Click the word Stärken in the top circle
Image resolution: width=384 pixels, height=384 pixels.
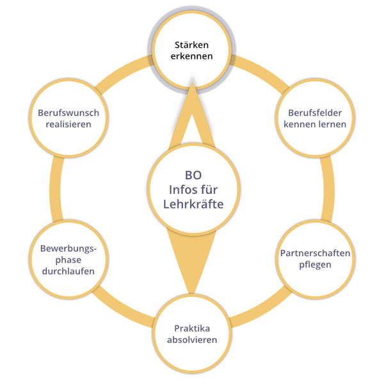[192, 45]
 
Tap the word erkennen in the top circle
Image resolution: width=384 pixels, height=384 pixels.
[192, 57]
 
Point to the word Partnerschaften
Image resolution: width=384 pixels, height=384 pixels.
[315, 253]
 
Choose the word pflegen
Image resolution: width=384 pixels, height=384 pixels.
[315, 265]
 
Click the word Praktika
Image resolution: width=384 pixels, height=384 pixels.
[192, 328]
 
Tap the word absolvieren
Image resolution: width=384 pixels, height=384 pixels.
[192, 340]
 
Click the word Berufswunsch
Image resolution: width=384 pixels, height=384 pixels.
[68, 113]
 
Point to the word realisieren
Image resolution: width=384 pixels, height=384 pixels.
[68, 124]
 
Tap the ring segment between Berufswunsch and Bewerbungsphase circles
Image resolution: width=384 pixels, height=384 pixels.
[56, 186]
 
